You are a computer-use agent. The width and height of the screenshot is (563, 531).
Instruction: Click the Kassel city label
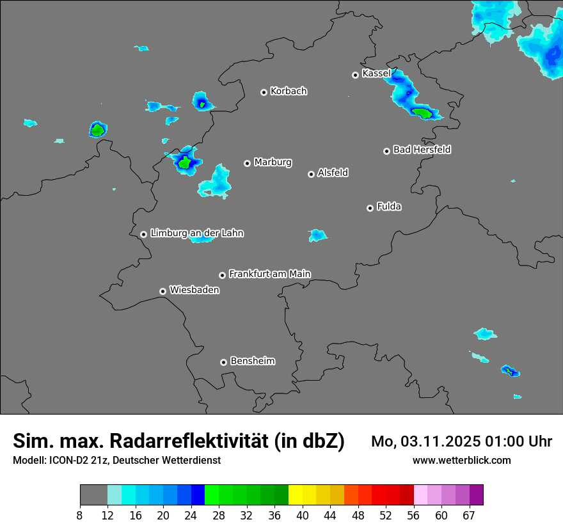376,74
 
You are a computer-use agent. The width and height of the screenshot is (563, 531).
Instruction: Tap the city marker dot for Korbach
264,92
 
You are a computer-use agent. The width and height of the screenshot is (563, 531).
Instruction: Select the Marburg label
273,162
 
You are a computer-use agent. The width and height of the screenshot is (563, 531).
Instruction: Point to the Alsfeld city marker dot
311,174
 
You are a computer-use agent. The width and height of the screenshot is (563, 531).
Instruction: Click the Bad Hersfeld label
422,150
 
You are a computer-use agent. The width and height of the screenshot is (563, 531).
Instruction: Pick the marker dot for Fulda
370,208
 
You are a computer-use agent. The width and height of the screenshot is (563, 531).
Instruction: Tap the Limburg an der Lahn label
196,234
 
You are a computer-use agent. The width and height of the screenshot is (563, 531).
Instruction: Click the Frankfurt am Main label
269,274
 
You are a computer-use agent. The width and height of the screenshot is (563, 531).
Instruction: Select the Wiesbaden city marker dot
163,291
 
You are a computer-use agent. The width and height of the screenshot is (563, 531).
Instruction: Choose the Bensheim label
252,361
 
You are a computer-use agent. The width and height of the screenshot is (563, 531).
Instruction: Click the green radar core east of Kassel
422,113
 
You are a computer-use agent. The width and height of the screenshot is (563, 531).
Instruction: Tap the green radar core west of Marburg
185,162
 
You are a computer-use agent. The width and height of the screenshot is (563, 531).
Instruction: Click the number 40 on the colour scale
302,515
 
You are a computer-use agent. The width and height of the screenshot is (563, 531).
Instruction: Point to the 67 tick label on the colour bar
469,515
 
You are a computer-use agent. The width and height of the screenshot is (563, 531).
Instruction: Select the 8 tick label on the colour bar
80,515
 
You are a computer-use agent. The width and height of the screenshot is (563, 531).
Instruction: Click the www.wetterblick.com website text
461,460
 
